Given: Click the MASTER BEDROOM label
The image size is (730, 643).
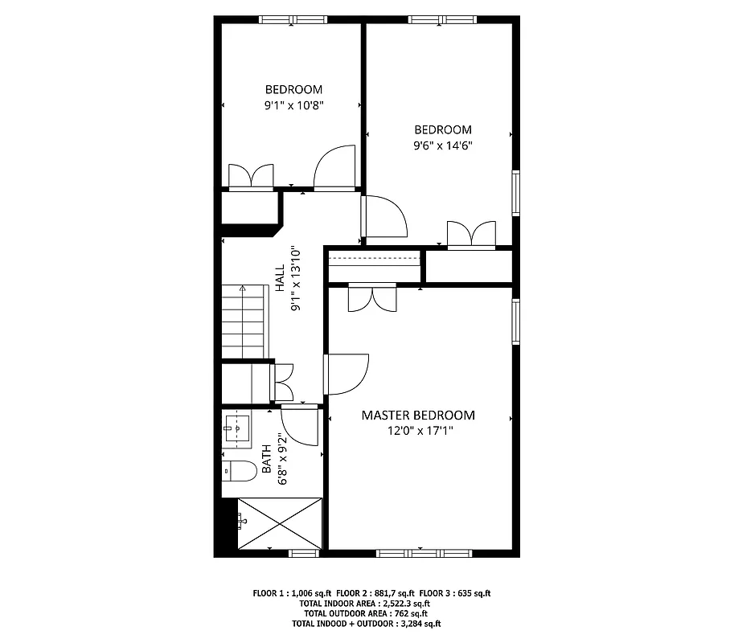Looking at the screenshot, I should (x=417, y=416).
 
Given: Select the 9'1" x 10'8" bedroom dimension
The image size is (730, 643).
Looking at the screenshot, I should (x=293, y=104).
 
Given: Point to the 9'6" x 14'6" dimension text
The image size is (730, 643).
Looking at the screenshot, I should (x=442, y=145).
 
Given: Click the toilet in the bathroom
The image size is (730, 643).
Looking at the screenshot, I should (x=236, y=469).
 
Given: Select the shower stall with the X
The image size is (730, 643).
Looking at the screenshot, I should (x=280, y=523).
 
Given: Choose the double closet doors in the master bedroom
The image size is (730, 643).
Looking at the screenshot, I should (x=371, y=298).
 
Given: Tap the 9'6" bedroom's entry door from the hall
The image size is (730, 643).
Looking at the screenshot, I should (x=383, y=217).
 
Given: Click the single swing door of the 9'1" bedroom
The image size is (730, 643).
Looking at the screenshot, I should (x=334, y=169).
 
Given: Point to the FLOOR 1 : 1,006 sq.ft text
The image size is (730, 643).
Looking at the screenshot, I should (x=291, y=594).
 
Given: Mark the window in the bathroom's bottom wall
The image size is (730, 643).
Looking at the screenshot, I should (x=303, y=552).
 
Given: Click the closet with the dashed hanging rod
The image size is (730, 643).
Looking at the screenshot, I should (x=375, y=264).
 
